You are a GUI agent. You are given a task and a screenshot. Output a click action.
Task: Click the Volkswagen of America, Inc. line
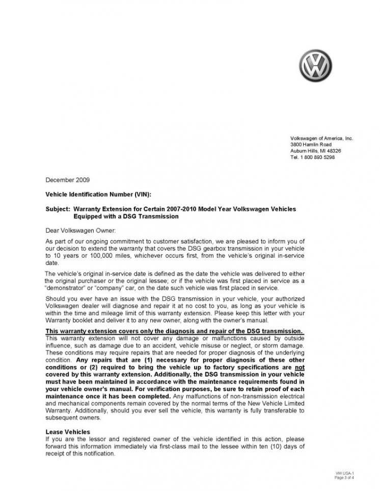pyautogui.click(x=321, y=139)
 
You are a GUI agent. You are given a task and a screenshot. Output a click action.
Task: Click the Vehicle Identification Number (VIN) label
pyautogui.click(x=98, y=195)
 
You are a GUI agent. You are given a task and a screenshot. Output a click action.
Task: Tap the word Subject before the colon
pyautogui.click(x=57, y=209)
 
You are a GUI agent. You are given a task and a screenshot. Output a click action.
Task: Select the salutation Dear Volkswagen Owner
pyautogui.click(x=80, y=230)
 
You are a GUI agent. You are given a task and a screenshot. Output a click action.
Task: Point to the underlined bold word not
pyautogui.click(x=301, y=367)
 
